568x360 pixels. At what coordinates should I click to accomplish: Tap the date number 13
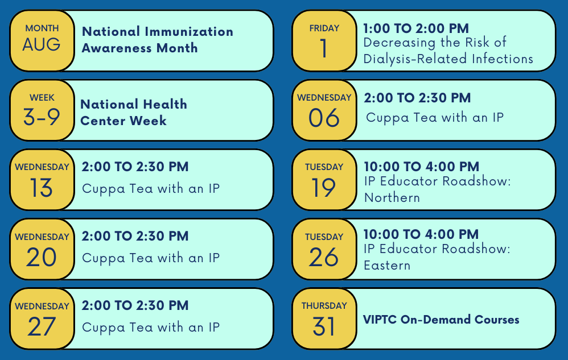(42, 187)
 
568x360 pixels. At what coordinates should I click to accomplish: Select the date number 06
(324, 118)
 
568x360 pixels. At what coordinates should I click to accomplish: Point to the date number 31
(324, 326)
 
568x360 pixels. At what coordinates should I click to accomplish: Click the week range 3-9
(42, 117)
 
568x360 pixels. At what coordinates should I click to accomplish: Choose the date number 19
(324, 187)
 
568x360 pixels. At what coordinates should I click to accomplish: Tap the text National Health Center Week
(134, 112)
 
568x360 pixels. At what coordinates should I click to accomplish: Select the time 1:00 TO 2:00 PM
(416, 28)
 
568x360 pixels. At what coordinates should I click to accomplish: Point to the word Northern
(392, 197)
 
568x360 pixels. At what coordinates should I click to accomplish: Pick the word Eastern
(387, 265)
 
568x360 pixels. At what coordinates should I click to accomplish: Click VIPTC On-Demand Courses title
(441, 320)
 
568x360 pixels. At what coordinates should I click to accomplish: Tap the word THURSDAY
(324, 306)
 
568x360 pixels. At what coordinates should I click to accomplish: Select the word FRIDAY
(324, 28)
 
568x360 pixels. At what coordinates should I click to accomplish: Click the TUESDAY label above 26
(324, 237)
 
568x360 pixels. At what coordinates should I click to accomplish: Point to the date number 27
(42, 326)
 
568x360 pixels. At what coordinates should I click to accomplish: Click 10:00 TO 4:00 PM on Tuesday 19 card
(421, 167)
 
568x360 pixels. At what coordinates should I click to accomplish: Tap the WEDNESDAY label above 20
(42, 237)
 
